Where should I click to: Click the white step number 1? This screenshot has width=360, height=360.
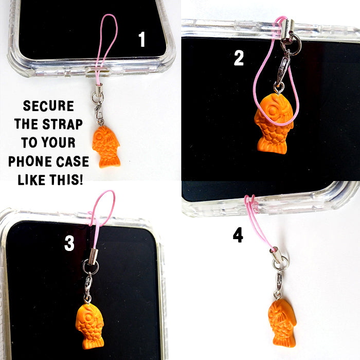(x=142, y=39)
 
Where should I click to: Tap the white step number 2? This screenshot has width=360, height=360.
(x=239, y=58)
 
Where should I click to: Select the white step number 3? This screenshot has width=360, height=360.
(x=69, y=243)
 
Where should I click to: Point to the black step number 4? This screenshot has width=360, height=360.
(x=238, y=235)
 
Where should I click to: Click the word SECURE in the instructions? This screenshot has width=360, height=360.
(x=48, y=106)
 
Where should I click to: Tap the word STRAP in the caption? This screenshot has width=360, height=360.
(x=62, y=124)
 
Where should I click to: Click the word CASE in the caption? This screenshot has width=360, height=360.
(x=73, y=161)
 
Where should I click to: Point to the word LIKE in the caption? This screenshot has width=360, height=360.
(x=31, y=180)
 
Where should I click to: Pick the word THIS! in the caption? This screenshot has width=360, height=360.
(x=66, y=180)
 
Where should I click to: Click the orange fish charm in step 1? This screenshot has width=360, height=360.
(x=106, y=147)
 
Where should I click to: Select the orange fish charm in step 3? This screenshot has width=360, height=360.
(x=89, y=326)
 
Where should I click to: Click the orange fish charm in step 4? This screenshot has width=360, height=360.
(x=282, y=323)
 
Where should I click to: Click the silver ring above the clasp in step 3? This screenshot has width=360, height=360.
(x=91, y=266)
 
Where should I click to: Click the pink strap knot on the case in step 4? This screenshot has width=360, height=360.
(x=250, y=203)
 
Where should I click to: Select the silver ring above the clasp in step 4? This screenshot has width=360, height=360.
(x=280, y=263)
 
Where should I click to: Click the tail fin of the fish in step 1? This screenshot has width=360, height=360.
(x=110, y=161)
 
